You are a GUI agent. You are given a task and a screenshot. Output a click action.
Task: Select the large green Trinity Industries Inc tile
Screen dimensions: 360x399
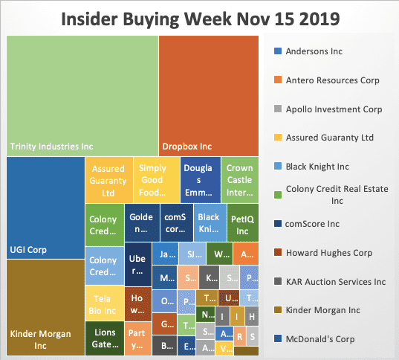pyautogui.click(x=82, y=94)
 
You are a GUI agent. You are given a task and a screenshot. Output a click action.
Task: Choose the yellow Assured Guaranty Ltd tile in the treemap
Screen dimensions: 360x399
pyautogui.click(x=108, y=179)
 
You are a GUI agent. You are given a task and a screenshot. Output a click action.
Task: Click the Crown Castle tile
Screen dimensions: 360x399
pyautogui.click(x=239, y=179)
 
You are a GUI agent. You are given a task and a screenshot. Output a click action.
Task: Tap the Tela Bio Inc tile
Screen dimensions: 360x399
pyautogui.click(x=103, y=304)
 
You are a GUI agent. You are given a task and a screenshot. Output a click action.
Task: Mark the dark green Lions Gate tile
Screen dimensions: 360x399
pyautogui.click(x=103, y=338)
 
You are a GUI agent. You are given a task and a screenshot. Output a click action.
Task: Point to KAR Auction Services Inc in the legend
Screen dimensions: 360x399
pyautogui.click(x=336, y=282)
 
